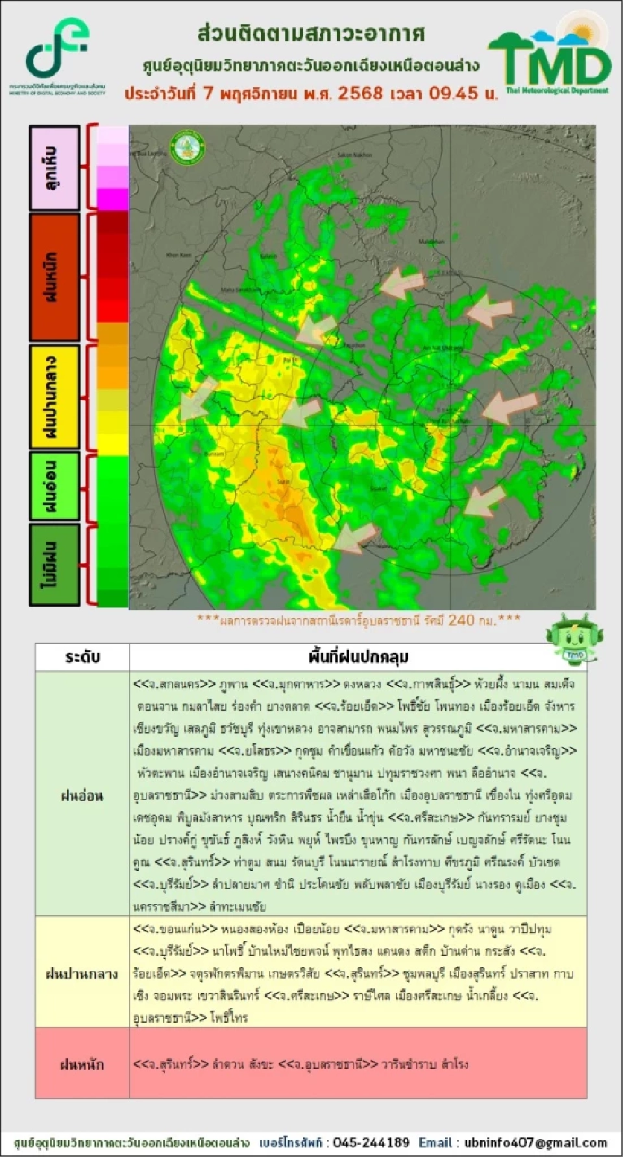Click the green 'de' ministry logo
click(x=57, y=49)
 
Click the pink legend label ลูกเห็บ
click(x=55, y=168)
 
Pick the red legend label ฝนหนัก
click(x=55, y=277)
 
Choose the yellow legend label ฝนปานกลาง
click(x=55, y=397)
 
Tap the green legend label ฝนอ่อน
click(x=55, y=486)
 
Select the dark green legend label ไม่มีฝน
click(x=55, y=565)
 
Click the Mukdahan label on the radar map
click(x=430, y=241)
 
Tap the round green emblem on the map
click(x=187, y=146)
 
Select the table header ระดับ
click(x=82, y=657)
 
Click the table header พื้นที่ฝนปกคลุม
click(x=358, y=657)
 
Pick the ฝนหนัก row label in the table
click(x=82, y=1064)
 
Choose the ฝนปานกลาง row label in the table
click(x=82, y=973)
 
